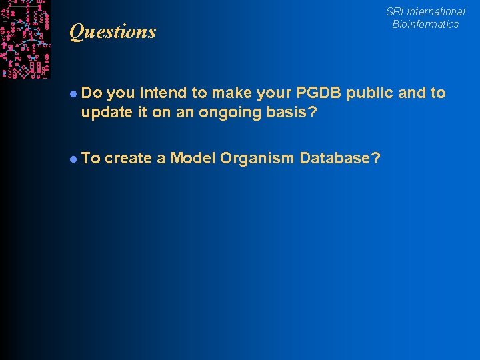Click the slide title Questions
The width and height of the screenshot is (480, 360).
tap(112, 31)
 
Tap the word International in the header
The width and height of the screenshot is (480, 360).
tap(436, 11)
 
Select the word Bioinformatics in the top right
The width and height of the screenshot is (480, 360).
tap(425, 24)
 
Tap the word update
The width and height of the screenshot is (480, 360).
tap(103, 112)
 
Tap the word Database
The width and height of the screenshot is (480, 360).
tap(336, 158)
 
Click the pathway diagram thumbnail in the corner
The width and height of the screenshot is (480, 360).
tap(25, 39)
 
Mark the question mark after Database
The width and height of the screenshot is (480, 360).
tap(377, 158)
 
